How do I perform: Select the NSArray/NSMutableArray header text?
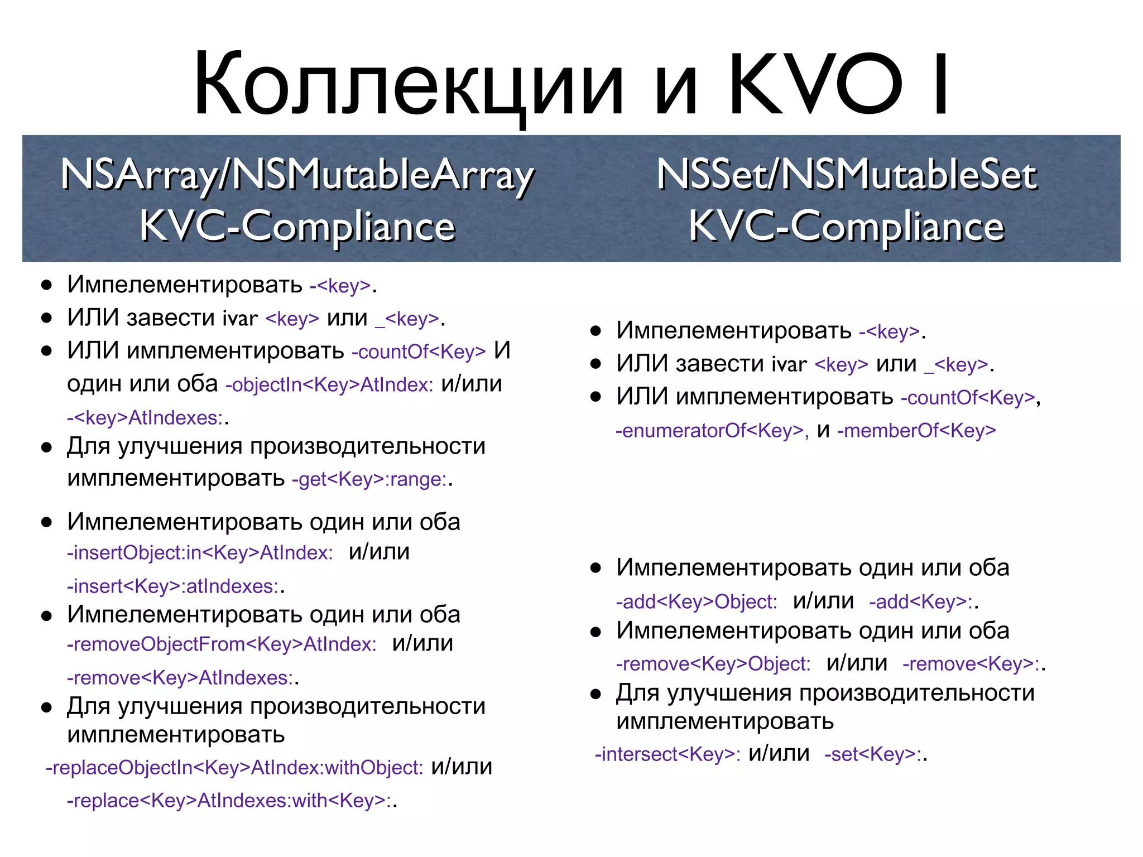(297, 175)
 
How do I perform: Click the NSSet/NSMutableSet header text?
(847, 175)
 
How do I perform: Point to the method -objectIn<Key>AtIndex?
(329, 385)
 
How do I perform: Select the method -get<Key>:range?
(369, 479)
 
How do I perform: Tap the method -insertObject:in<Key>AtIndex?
(200, 553)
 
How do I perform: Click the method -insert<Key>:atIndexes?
(173, 586)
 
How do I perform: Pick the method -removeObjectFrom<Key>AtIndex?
(222, 644)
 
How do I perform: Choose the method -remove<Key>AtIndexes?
(180, 678)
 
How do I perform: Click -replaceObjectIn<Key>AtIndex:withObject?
(234, 768)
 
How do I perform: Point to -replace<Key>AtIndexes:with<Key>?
(229, 801)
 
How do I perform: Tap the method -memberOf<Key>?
(916, 431)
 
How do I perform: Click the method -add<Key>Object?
(697, 602)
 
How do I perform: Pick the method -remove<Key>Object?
(713, 664)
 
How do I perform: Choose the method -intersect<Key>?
(667, 754)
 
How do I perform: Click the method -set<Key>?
(873, 754)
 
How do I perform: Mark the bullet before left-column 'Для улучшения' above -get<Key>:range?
(46, 447)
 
